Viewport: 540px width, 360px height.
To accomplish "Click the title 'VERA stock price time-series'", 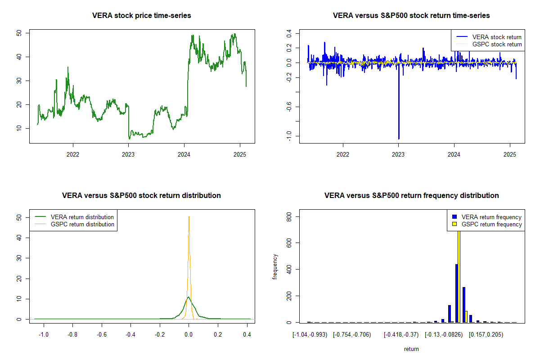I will pyautogui.click(x=142, y=16).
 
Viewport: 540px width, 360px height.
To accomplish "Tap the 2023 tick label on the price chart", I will pyautogui.click(x=128, y=155).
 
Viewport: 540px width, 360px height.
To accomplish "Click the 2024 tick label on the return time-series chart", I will pyautogui.click(x=454, y=155).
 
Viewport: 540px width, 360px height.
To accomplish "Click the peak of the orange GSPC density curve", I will pyautogui.click(x=189, y=217).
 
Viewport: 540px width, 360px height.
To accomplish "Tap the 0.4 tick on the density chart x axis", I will pyautogui.click(x=247, y=335).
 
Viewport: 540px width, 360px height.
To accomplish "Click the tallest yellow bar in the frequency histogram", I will pyautogui.click(x=459, y=274).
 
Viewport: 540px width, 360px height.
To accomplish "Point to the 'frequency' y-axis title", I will pyautogui.click(x=275, y=267).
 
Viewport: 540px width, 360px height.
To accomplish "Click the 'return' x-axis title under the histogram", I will pyautogui.click(x=411, y=349).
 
